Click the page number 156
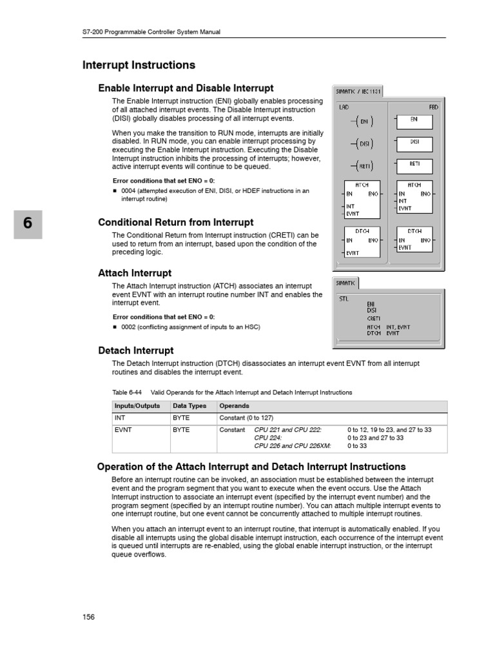click(x=88, y=617)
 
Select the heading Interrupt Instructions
click(x=139, y=65)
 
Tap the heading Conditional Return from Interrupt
click(x=175, y=222)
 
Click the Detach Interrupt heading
click(x=135, y=351)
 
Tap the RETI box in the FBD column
click(x=414, y=165)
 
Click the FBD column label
click(x=433, y=107)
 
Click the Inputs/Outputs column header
click(x=138, y=406)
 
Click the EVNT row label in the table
click(x=123, y=429)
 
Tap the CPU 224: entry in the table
click(x=268, y=438)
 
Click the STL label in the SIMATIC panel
click(x=344, y=299)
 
